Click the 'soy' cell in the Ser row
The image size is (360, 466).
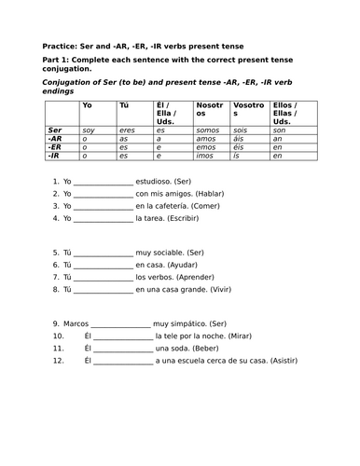pos(90,130)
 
